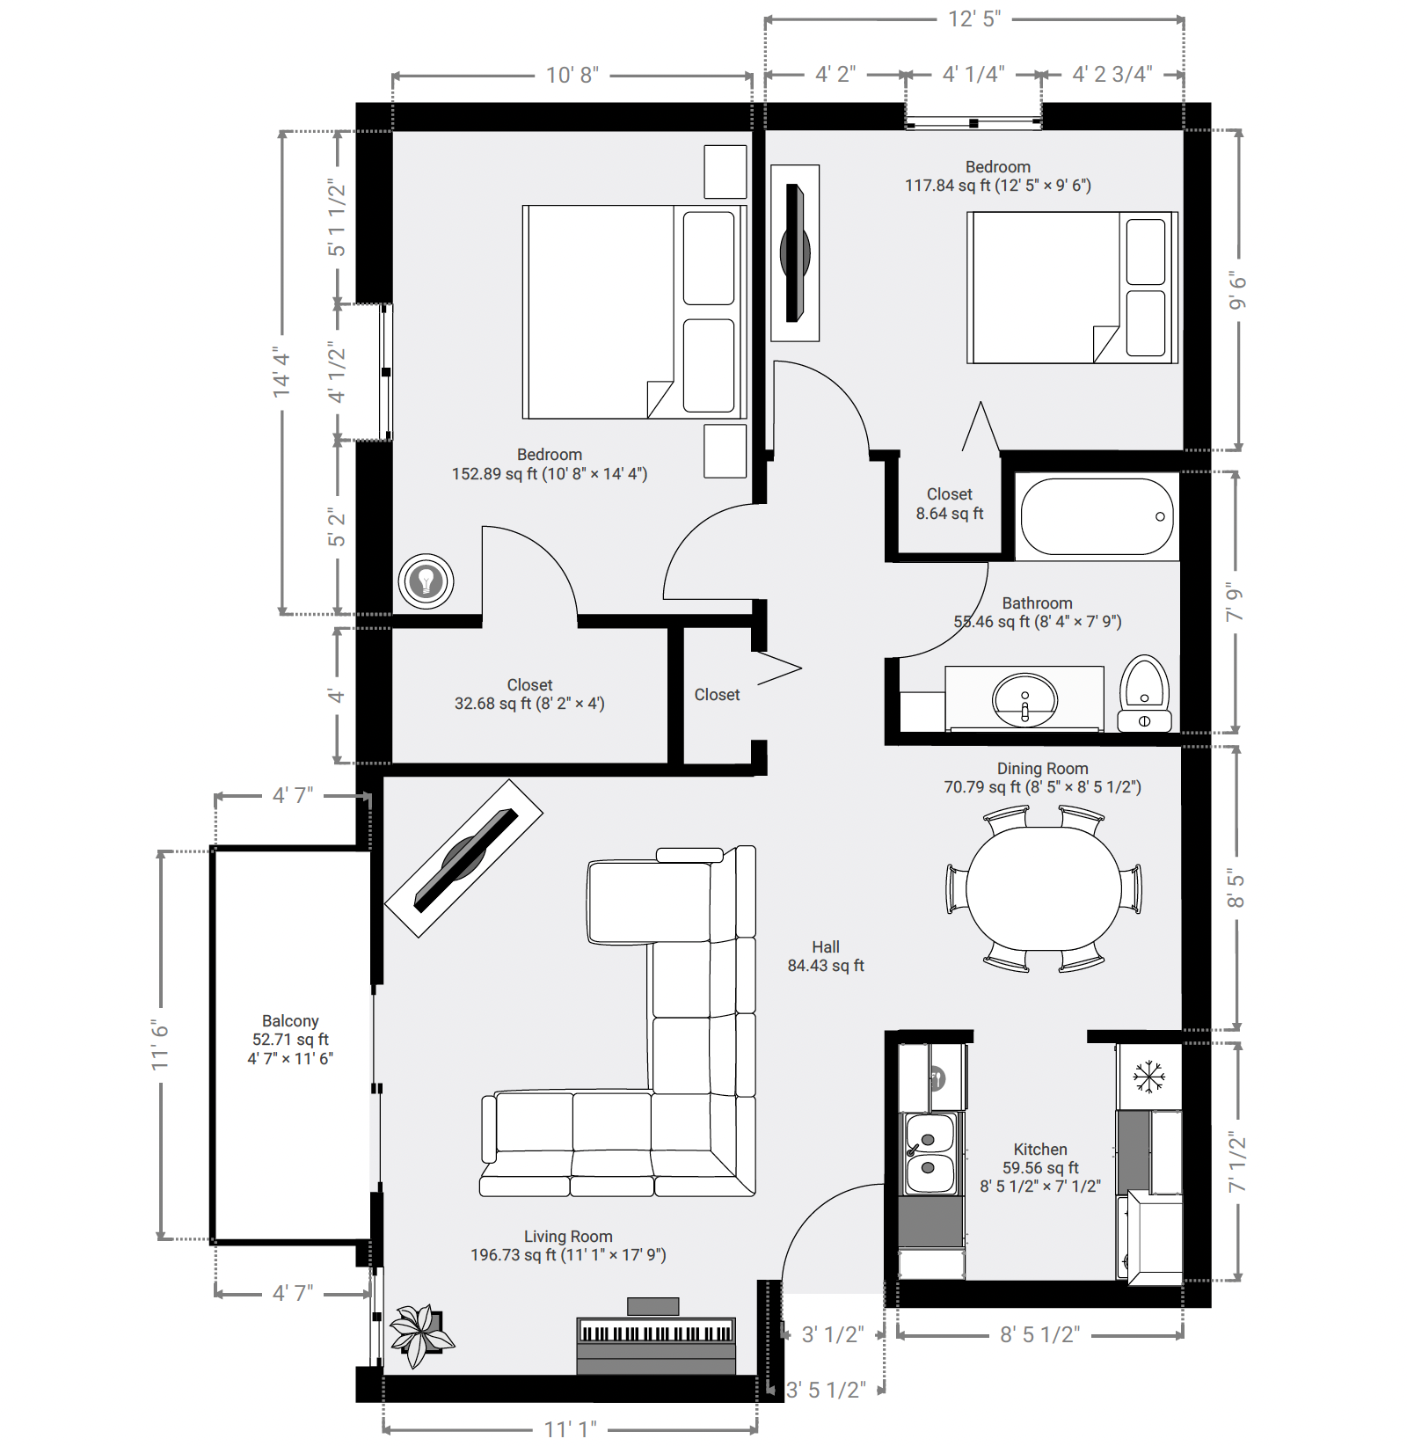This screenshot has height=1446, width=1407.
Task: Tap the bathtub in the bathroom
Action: click(x=1097, y=516)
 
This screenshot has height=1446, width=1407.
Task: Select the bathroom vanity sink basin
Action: click(x=1024, y=700)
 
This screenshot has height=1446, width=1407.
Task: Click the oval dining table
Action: click(x=1043, y=888)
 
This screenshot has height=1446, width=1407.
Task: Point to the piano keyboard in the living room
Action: click(x=655, y=1333)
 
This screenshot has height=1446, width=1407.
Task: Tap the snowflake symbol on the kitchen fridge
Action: click(x=1148, y=1077)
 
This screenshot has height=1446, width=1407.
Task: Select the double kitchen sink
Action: click(x=929, y=1153)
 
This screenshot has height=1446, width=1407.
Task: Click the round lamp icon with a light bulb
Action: click(x=426, y=581)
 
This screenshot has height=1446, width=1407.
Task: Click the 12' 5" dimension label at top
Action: click(x=974, y=19)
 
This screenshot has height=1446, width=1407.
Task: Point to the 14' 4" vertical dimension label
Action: click(x=281, y=371)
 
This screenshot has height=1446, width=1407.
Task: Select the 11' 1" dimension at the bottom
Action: click(x=570, y=1429)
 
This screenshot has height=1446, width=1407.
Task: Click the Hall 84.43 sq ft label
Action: click(x=825, y=956)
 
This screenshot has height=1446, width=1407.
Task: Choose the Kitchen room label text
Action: click(x=1040, y=1150)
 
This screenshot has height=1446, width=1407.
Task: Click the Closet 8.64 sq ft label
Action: click(x=949, y=504)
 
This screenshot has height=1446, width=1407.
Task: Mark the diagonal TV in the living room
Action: click(x=464, y=858)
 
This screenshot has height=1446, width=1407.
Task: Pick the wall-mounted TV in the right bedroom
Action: click(x=795, y=253)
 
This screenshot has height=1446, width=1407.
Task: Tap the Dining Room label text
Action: click(x=1042, y=769)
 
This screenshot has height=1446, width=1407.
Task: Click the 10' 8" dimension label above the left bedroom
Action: click(x=572, y=76)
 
